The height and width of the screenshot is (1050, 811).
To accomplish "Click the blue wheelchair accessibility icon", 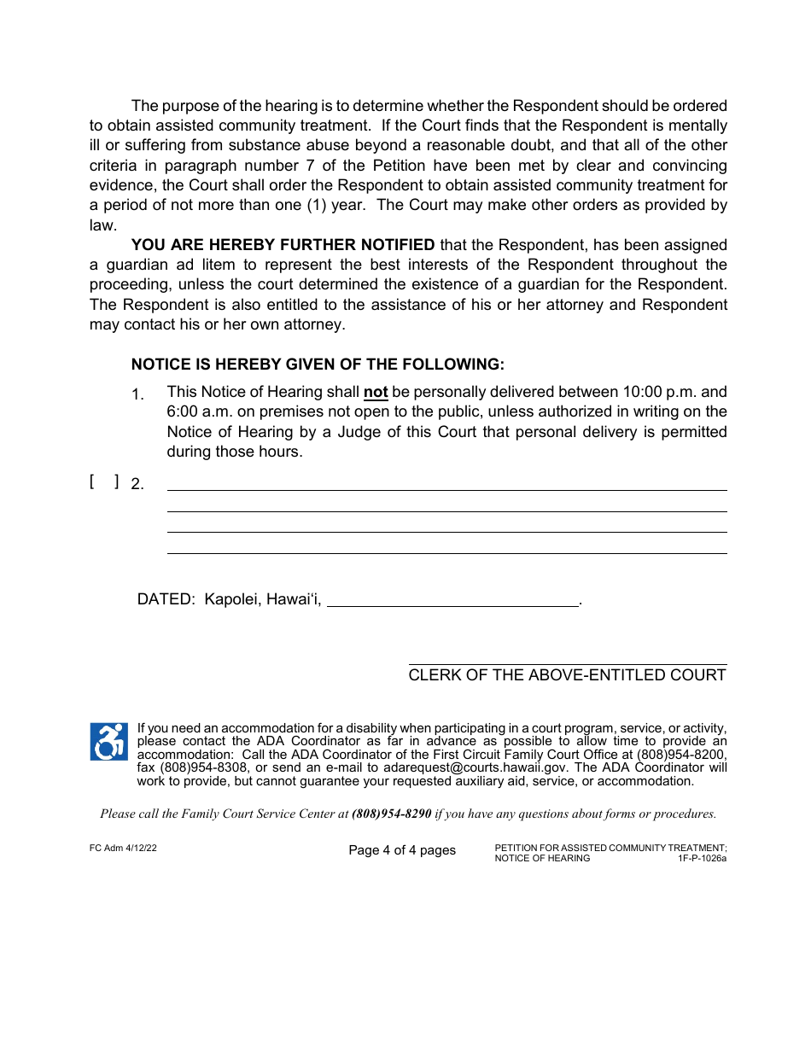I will point(108,741).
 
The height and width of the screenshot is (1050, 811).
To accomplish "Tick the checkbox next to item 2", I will point(104,482).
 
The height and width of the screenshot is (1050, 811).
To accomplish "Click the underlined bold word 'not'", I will point(376,393).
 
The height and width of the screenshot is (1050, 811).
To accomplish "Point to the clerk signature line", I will point(568,663).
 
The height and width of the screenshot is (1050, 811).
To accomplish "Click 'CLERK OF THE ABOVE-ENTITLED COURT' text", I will point(567,675).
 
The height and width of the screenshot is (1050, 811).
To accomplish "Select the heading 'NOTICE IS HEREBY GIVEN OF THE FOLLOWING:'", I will point(318,365).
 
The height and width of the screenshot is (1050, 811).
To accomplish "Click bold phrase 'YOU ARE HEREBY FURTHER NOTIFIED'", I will point(283,246).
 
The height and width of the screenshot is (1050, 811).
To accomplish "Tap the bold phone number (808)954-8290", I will point(391,814).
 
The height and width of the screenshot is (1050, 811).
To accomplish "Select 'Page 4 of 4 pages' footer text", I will point(402,850).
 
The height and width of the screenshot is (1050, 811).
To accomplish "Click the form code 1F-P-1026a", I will point(703,858).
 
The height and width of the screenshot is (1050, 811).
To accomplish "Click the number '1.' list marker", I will point(137,394).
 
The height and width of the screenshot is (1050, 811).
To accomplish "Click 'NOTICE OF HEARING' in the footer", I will point(542,858).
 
